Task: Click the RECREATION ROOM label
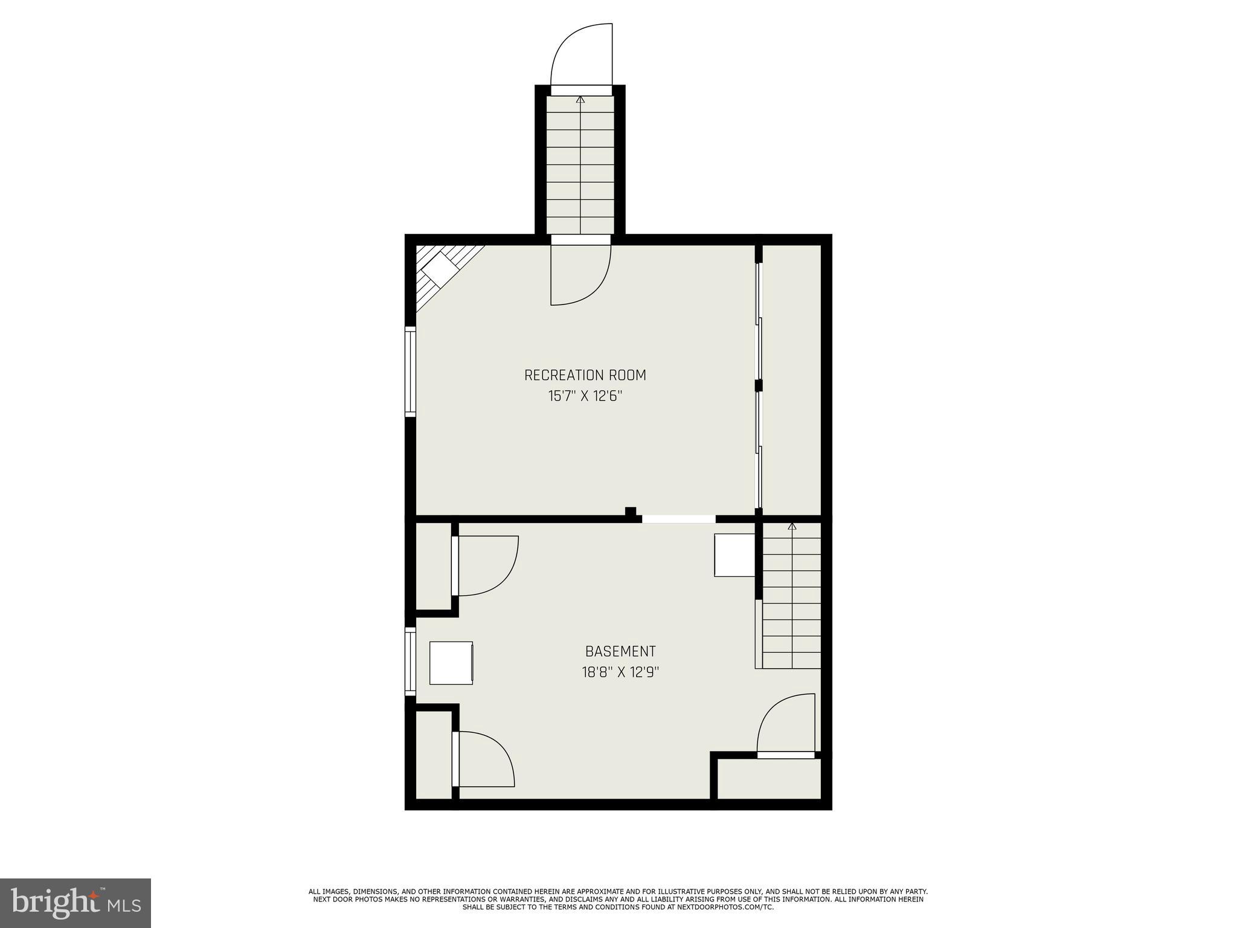click(585, 375)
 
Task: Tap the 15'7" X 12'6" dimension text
click(585, 396)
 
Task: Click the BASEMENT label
click(620, 651)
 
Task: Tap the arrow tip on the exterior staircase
click(580, 98)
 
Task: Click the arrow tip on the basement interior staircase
click(792, 526)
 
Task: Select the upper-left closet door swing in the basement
click(486, 565)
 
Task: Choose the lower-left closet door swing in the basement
click(484, 759)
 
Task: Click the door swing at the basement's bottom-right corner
click(785, 724)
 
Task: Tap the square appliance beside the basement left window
click(451, 663)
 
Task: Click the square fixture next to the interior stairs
click(734, 555)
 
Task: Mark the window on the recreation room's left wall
click(411, 371)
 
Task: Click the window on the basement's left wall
click(411, 662)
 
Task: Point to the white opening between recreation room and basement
click(678, 519)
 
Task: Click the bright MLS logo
click(75, 903)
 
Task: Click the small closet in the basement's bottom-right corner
click(768, 779)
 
